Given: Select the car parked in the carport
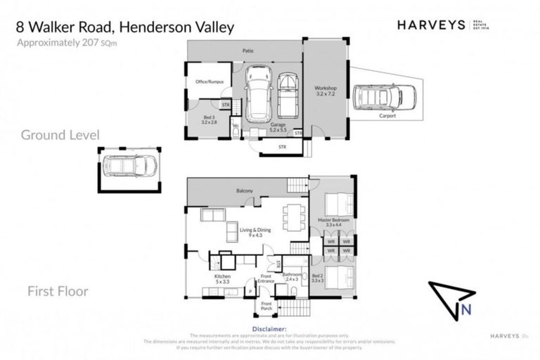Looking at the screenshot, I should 376,97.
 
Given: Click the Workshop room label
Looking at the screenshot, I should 326,90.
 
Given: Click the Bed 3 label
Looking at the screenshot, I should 210,119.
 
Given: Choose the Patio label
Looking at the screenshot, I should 248,51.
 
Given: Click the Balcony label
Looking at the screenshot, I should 244,191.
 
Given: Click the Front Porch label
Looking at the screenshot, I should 266,307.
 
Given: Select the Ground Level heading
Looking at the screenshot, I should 60,134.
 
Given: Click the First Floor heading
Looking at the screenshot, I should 58,290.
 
